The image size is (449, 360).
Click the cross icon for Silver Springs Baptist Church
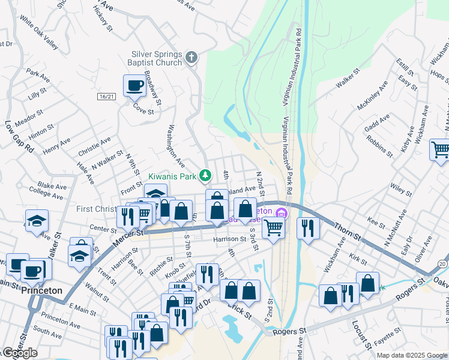pos(191,58)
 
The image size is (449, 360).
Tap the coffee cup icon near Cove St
pos(134,85)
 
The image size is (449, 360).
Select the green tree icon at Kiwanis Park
pos(205,175)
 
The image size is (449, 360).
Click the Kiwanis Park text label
pos(173,176)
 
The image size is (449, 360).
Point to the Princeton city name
pos(42,290)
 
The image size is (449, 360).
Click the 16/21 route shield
pos(106,96)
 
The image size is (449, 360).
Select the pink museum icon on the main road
pos(280,212)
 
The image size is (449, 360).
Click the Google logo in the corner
pos(20,353)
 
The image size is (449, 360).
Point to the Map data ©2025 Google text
pos(411,355)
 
